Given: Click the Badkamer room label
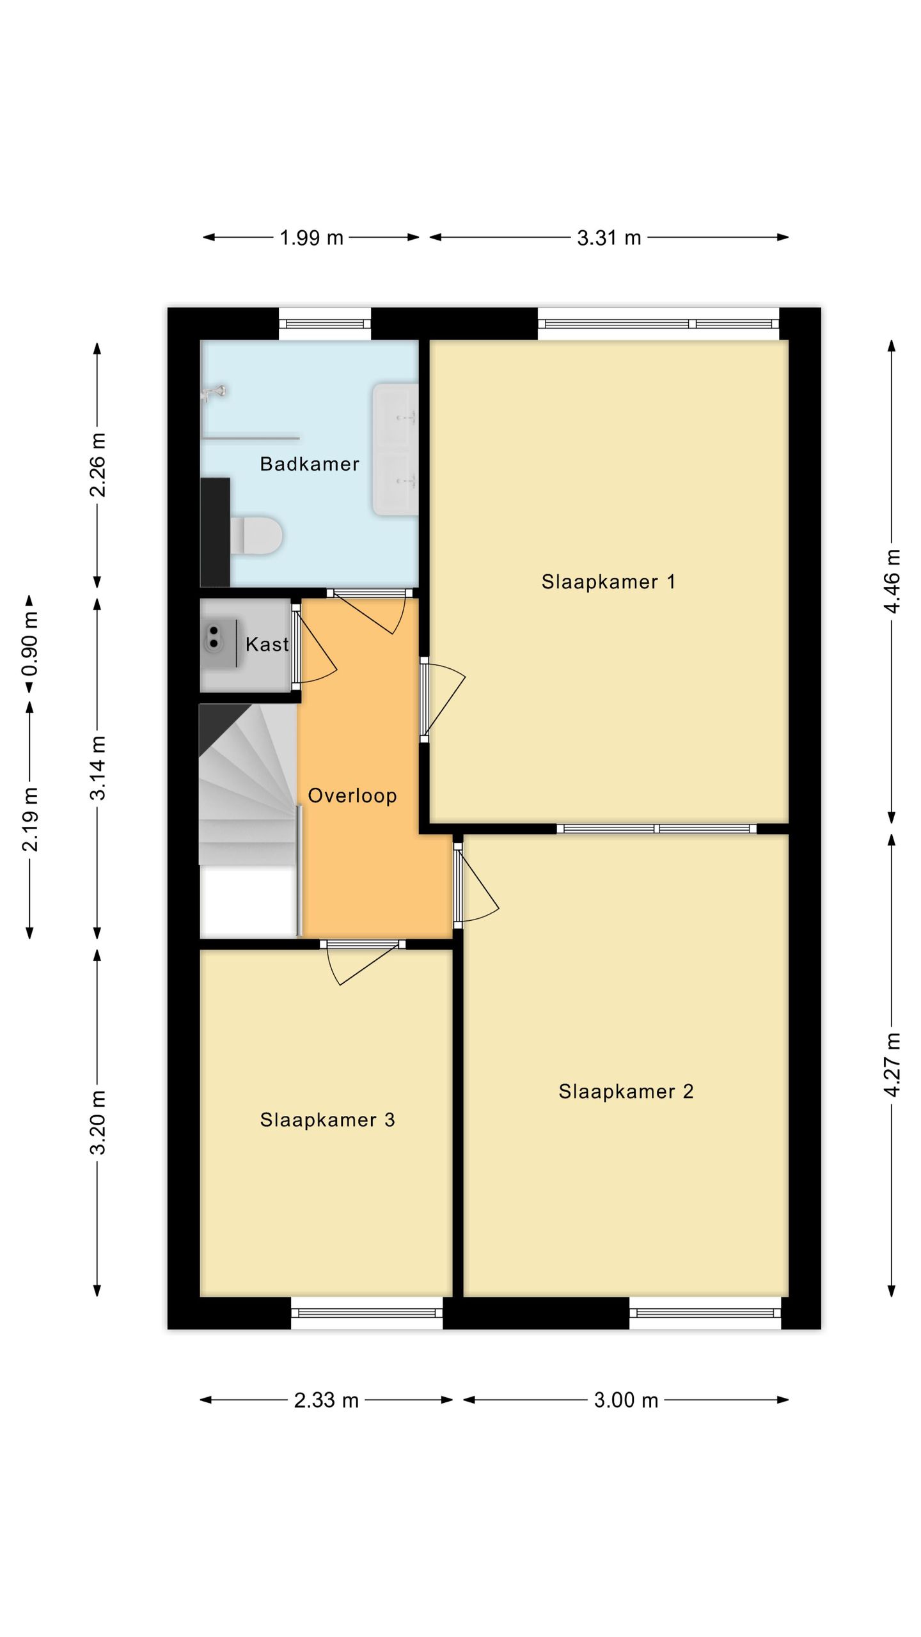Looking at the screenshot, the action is click(310, 464).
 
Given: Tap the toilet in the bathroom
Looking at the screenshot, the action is click(256, 535).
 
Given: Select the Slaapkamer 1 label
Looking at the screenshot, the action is click(608, 582).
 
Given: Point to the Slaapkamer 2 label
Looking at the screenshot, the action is click(626, 1092).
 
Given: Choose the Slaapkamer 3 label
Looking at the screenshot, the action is click(327, 1120).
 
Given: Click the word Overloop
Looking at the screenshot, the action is click(352, 796).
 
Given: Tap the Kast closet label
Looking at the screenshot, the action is click(267, 644).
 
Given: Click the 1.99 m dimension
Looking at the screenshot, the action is click(311, 238).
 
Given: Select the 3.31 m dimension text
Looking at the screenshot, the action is click(609, 238).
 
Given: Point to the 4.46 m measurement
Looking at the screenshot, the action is click(892, 581).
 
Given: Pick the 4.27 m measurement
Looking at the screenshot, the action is click(892, 1065).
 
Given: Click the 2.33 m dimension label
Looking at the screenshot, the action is click(326, 1400).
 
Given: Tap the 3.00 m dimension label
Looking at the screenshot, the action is click(626, 1400).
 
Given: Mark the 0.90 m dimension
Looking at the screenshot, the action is click(30, 644).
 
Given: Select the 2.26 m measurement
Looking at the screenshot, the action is click(98, 465).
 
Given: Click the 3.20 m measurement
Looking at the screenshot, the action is click(98, 1123).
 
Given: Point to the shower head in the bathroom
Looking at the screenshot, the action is click(215, 391).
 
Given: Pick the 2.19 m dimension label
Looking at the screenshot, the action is click(30, 819).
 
